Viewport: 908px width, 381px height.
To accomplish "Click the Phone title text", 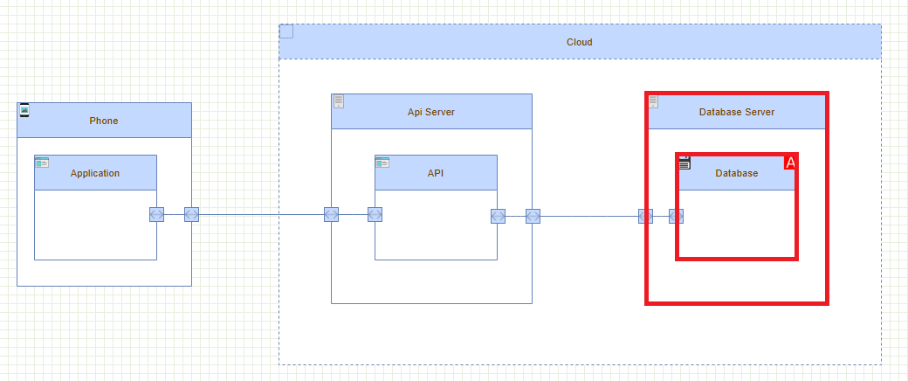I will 103,121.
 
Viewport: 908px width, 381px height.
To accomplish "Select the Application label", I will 95,173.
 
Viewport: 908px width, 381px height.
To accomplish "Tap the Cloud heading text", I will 579,42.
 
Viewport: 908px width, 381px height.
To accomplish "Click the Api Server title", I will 431,112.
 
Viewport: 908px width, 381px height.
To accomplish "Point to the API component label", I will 436,173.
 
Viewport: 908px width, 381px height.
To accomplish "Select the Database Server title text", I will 737,112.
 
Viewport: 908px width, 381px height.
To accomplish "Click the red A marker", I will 790,163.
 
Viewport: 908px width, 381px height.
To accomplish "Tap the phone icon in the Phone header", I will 24,110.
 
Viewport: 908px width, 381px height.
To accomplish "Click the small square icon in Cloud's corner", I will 286,32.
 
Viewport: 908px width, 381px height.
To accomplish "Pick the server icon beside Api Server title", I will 339,101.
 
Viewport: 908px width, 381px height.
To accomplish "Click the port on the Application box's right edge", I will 156,215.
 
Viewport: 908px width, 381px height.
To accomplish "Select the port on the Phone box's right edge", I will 191,215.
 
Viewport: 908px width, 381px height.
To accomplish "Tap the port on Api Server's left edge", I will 331,215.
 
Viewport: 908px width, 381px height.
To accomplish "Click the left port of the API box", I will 375,215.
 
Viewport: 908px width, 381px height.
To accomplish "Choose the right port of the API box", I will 498,216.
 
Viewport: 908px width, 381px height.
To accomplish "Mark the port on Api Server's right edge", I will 533,216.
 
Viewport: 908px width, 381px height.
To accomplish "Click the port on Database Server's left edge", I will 645,216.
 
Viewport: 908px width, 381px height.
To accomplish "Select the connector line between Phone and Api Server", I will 262,215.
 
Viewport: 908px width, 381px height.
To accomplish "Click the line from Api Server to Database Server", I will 589,216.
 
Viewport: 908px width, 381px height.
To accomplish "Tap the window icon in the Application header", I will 42,163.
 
